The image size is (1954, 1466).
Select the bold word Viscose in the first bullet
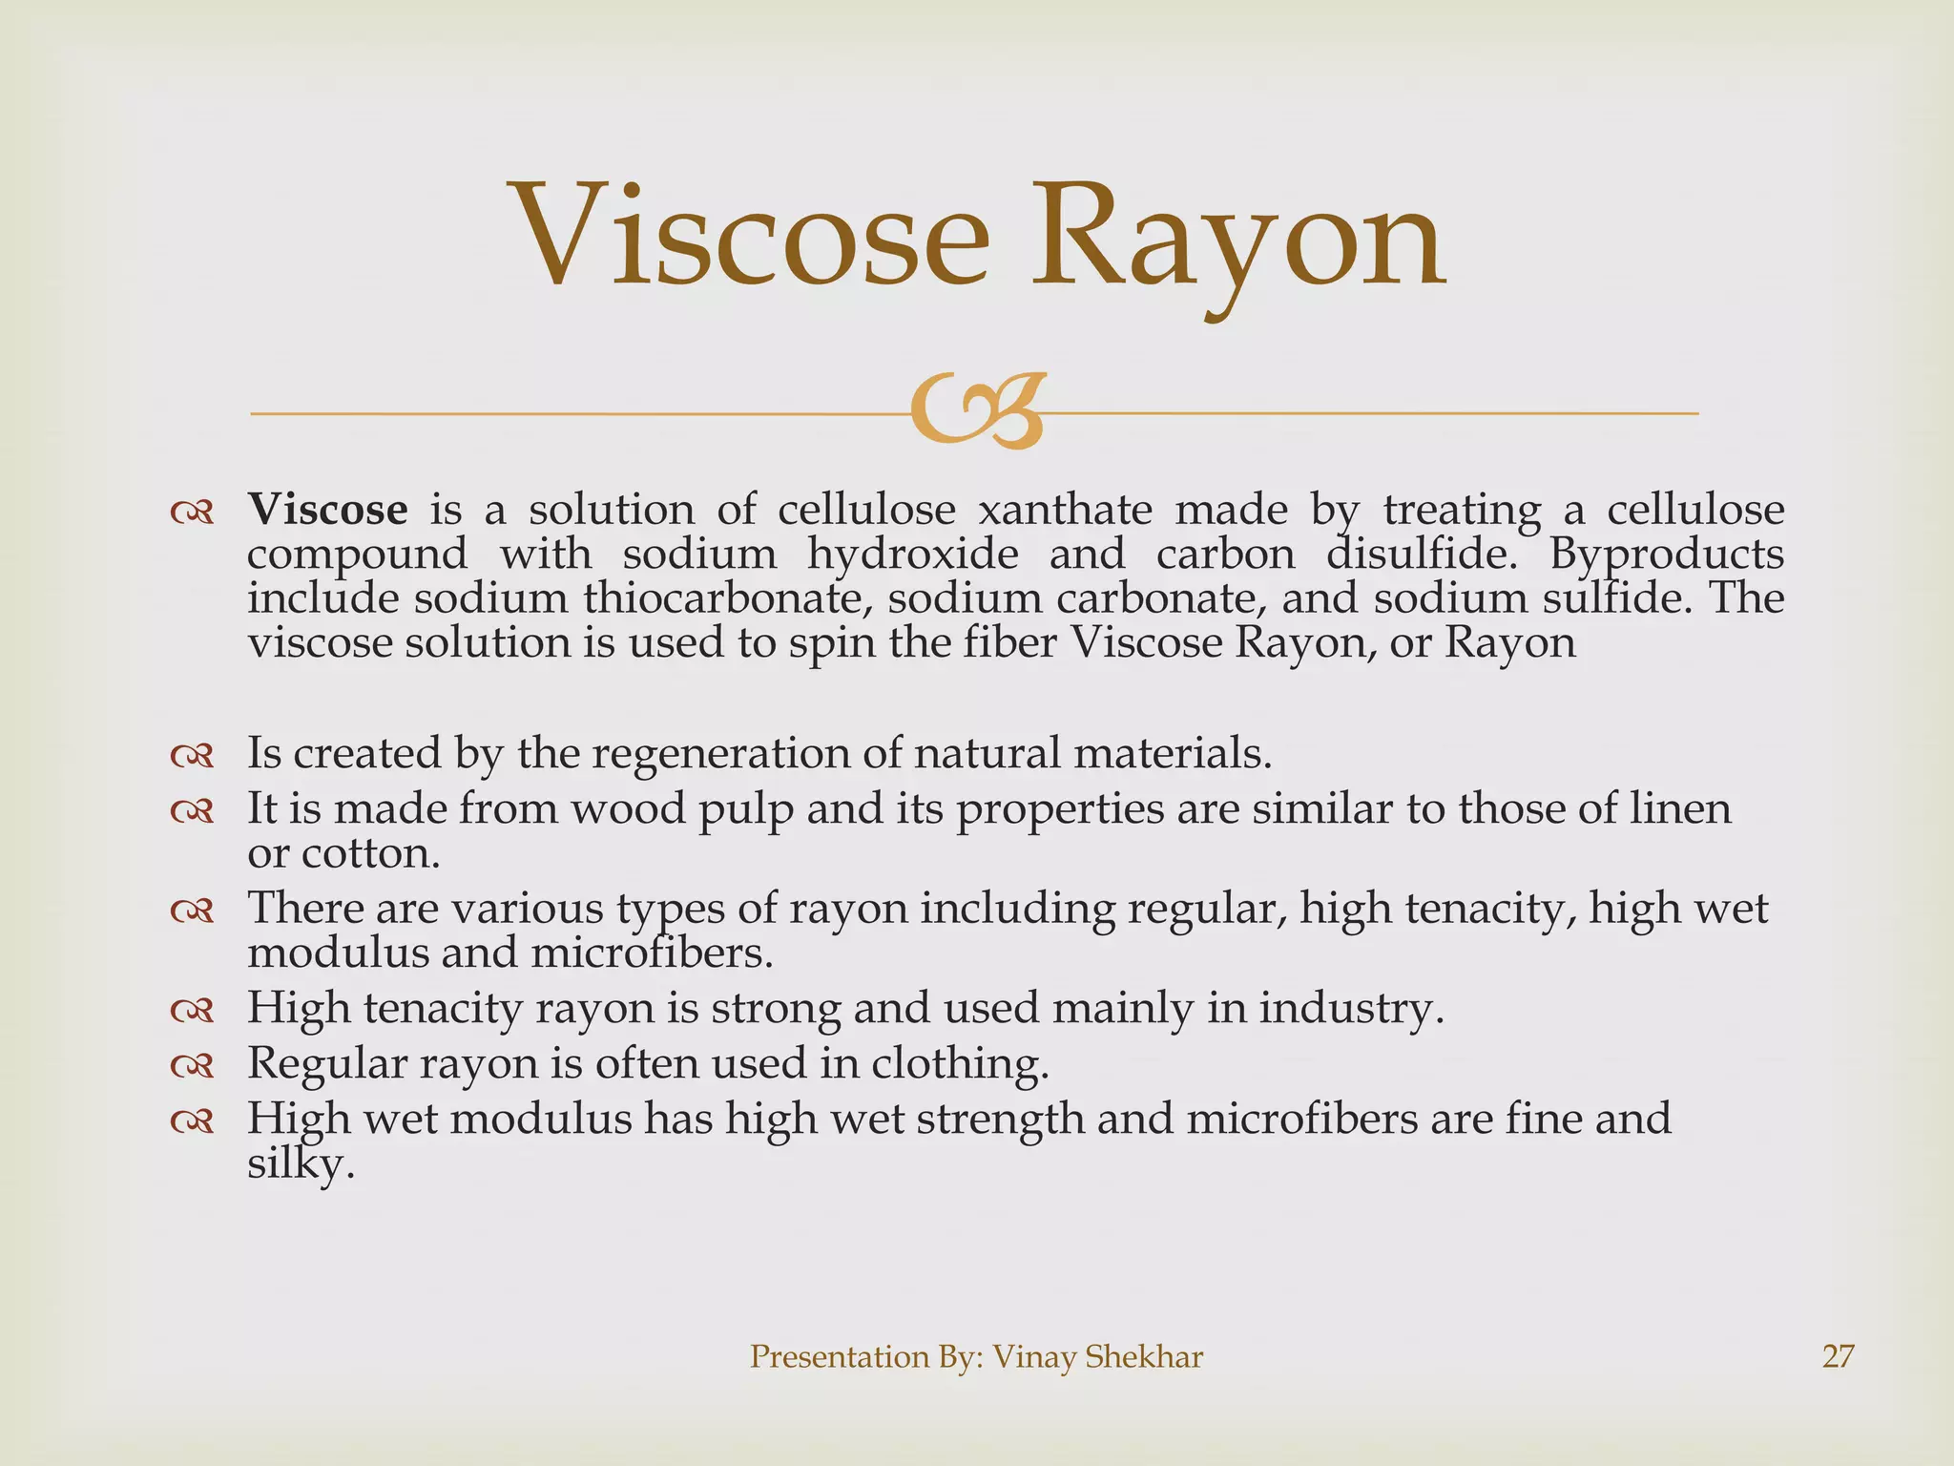(327, 510)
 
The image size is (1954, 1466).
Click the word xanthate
(1066, 510)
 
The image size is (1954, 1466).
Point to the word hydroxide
(913, 554)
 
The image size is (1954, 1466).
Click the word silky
(301, 1164)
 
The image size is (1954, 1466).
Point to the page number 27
(1838, 1356)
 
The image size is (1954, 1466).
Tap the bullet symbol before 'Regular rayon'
(192, 1066)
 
